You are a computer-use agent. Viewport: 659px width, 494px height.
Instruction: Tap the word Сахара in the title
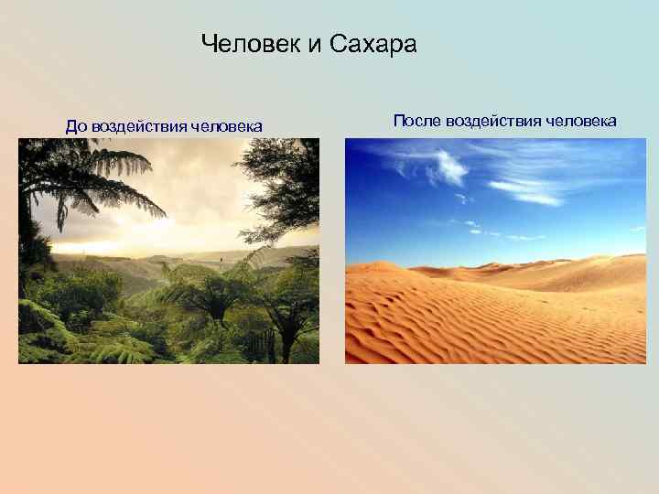pyautogui.click(x=374, y=44)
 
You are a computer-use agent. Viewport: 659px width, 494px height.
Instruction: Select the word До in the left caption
pyautogui.click(x=76, y=125)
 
